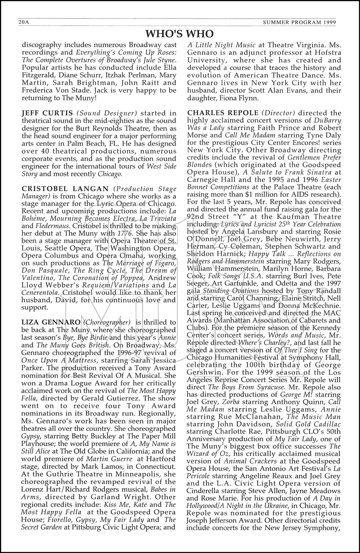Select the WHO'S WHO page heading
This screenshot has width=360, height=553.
(179, 34)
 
